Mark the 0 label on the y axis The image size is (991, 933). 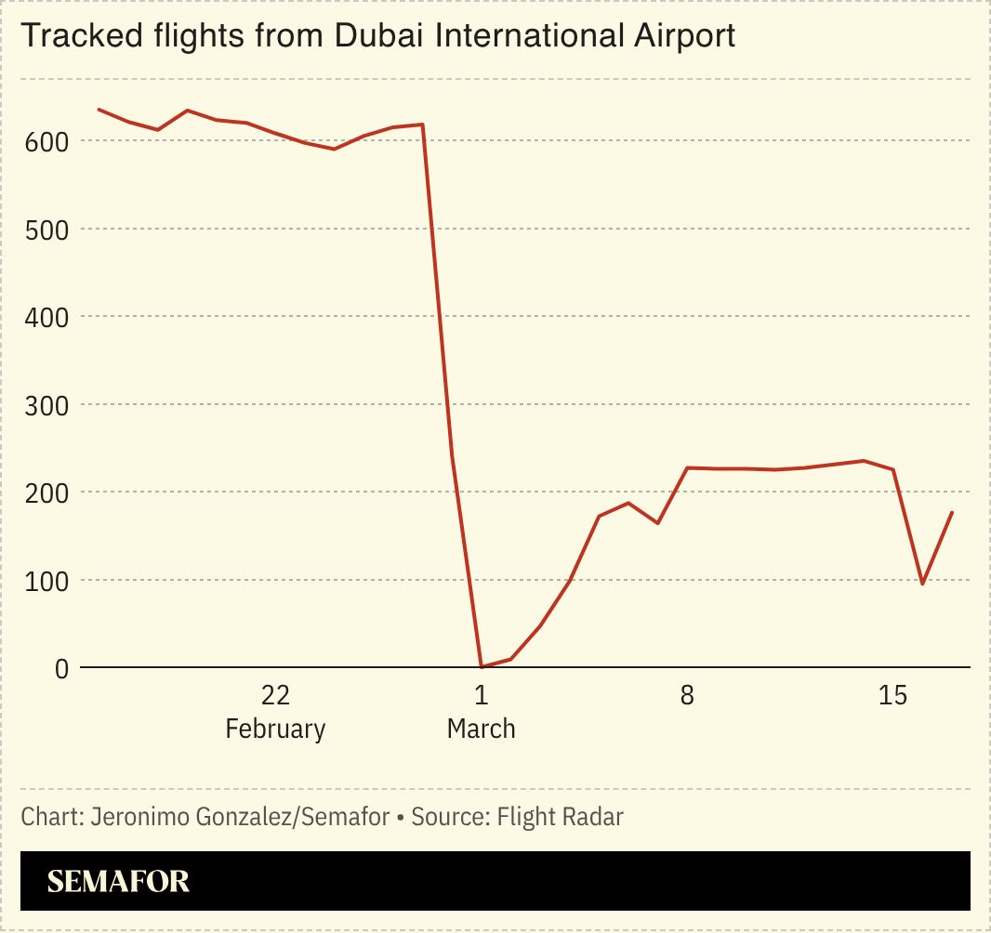coord(60,668)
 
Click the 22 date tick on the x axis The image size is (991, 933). coord(275,695)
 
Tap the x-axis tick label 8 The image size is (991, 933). coord(687,695)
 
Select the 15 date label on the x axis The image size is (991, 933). coord(892,695)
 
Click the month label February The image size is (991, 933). coord(275,729)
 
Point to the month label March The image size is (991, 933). coord(481,729)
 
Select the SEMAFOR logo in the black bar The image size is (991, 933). coord(118,881)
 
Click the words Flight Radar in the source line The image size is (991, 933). coord(560,817)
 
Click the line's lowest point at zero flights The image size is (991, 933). coord(481,666)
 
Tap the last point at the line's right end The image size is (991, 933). coord(952,512)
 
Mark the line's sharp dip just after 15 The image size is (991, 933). coord(922,584)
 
